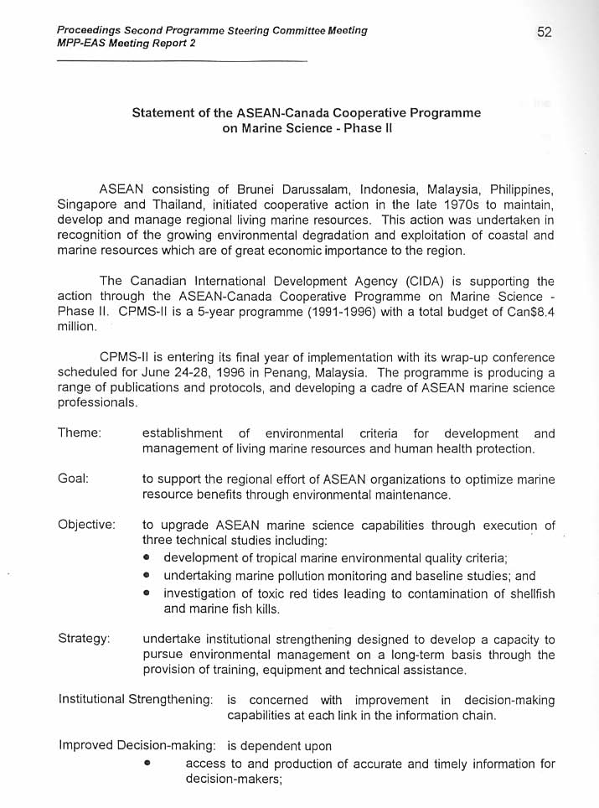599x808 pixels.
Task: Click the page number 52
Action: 544,33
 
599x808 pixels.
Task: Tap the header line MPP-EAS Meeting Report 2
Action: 127,43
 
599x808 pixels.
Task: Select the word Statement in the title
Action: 162,112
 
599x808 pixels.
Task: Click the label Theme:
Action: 80,433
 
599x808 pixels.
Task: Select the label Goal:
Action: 74,479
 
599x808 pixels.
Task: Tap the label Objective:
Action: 86,525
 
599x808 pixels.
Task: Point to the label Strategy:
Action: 84,639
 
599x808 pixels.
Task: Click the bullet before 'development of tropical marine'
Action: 147,558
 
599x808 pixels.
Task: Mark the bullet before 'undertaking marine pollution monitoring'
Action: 147,576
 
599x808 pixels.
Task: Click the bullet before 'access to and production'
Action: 147,764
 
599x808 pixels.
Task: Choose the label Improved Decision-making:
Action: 139,746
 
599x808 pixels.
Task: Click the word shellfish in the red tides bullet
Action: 531,593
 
